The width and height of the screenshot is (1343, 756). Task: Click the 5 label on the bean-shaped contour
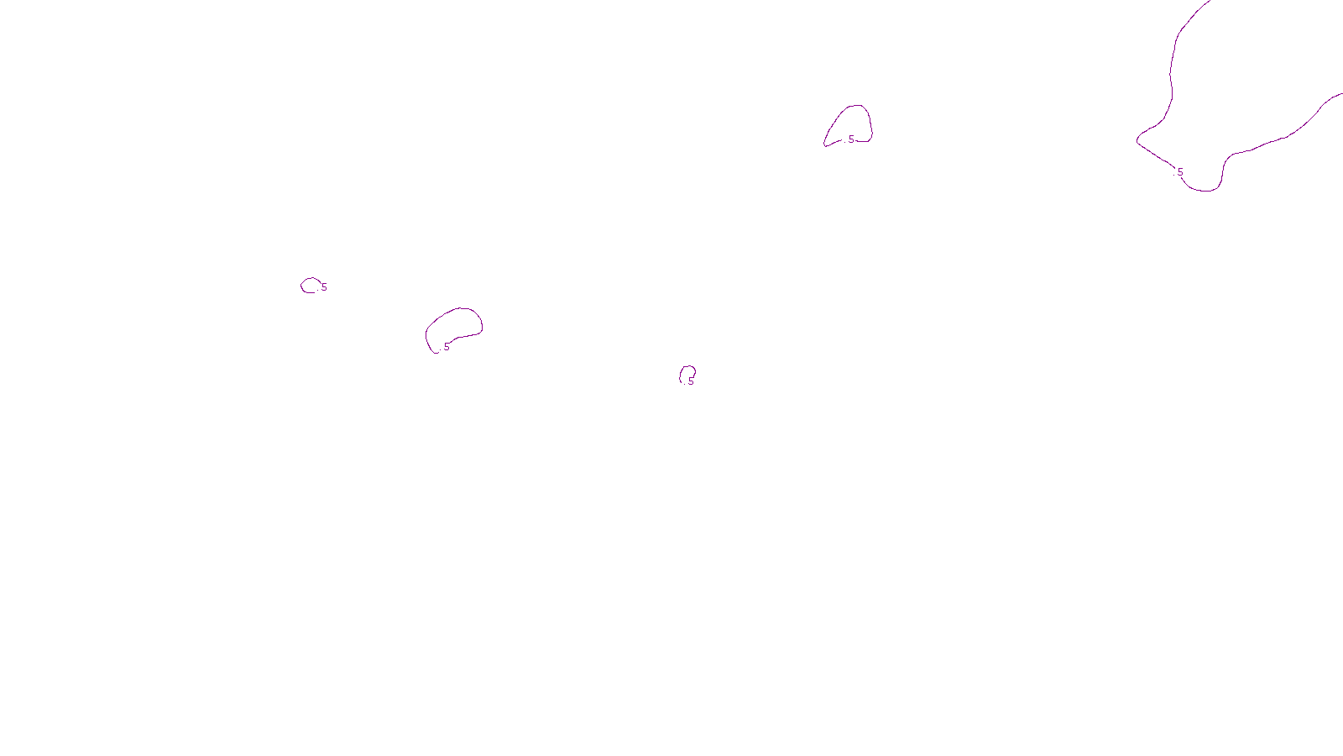[447, 347]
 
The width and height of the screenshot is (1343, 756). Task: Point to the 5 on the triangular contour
[851, 139]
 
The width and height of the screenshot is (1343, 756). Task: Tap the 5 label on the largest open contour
[1180, 172]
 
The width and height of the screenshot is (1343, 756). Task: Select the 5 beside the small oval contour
[324, 287]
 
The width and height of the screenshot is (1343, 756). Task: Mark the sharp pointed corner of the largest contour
[1137, 140]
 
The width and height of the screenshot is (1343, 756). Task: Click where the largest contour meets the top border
[1209, 2]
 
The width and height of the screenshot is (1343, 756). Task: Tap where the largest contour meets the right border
[1340, 94]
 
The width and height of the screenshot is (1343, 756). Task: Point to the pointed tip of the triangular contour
[825, 145]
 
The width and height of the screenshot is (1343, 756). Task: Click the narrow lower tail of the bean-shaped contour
[435, 352]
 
